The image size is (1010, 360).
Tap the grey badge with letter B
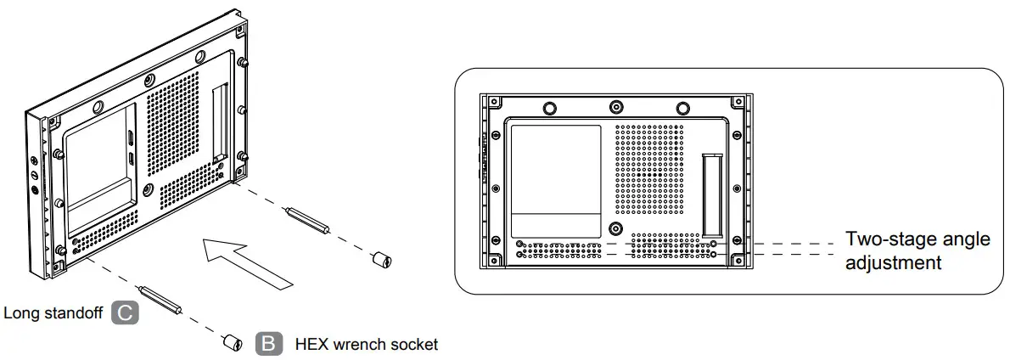coord(267,344)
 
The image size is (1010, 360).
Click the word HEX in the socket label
coord(311,345)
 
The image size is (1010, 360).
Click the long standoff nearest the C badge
coord(161,298)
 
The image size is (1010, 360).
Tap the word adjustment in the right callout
coord(894,263)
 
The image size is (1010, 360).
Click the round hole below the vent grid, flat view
coord(616,229)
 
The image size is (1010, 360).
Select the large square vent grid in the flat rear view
coord(648,168)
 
